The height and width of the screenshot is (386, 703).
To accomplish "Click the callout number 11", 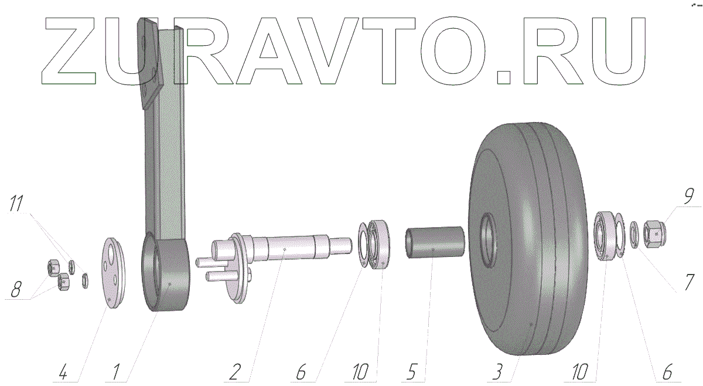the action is click(x=16, y=203).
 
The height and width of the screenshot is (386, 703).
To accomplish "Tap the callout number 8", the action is click(x=16, y=289).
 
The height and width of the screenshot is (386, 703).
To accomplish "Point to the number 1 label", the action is click(x=116, y=372).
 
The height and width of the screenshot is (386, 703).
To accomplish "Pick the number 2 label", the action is click(x=235, y=372).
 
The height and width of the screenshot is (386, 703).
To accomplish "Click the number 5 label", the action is click(x=411, y=372).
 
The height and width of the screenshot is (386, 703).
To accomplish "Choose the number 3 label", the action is click(x=498, y=372).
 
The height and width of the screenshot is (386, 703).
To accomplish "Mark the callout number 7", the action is click(x=688, y=282).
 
